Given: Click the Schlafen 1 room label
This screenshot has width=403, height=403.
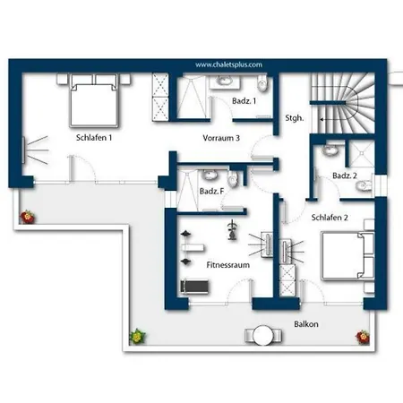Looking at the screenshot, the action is coord(94,138).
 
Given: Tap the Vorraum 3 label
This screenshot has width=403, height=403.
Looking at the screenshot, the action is coord(221,138).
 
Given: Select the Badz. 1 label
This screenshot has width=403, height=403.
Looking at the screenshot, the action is coord(244,101).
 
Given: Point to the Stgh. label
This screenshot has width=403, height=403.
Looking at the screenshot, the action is coord(295,118).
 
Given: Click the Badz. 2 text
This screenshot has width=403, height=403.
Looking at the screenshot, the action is coord(345,176).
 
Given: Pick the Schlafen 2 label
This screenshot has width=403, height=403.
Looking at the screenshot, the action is coord(330,218).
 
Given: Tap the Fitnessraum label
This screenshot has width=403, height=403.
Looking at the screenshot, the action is coord(228,265).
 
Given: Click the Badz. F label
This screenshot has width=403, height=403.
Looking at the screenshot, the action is coord(211,191).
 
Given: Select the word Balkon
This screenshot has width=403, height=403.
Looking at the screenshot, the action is coord(306,324).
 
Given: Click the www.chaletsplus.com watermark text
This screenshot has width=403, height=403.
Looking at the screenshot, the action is coord(228,64).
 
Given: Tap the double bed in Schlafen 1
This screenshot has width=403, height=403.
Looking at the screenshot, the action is coord(94,101).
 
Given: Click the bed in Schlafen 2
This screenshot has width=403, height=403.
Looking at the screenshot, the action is coord(348,255).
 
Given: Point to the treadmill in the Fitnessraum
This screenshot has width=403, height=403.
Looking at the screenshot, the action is coord(194,287).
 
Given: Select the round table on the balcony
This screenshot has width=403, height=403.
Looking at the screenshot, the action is coord(262,335).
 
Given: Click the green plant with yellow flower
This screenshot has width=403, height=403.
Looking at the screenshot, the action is coord(137,337).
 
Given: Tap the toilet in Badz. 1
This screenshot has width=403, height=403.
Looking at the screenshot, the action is coord(262,83).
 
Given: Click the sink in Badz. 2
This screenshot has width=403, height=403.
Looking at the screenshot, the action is coord(330,150).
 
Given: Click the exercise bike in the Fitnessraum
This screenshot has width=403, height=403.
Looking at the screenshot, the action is coord(232,230).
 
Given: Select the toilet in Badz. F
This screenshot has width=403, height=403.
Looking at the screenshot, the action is coord(233,179).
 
